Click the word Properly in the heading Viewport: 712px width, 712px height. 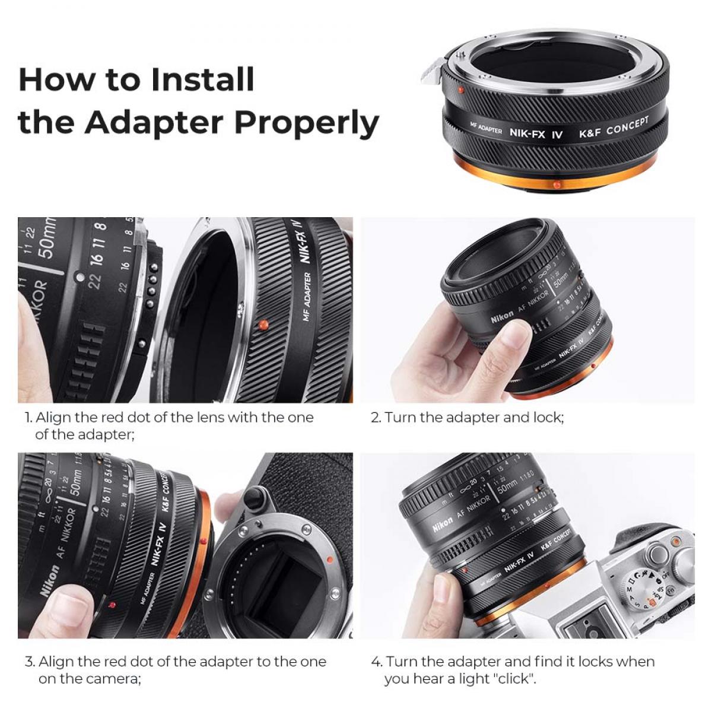coord(307,123)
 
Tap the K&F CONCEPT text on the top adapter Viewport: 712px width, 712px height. coord(614,127)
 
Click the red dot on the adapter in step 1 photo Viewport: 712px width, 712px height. coord(263,325)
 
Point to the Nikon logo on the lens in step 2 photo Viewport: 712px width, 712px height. coord(502,316)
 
